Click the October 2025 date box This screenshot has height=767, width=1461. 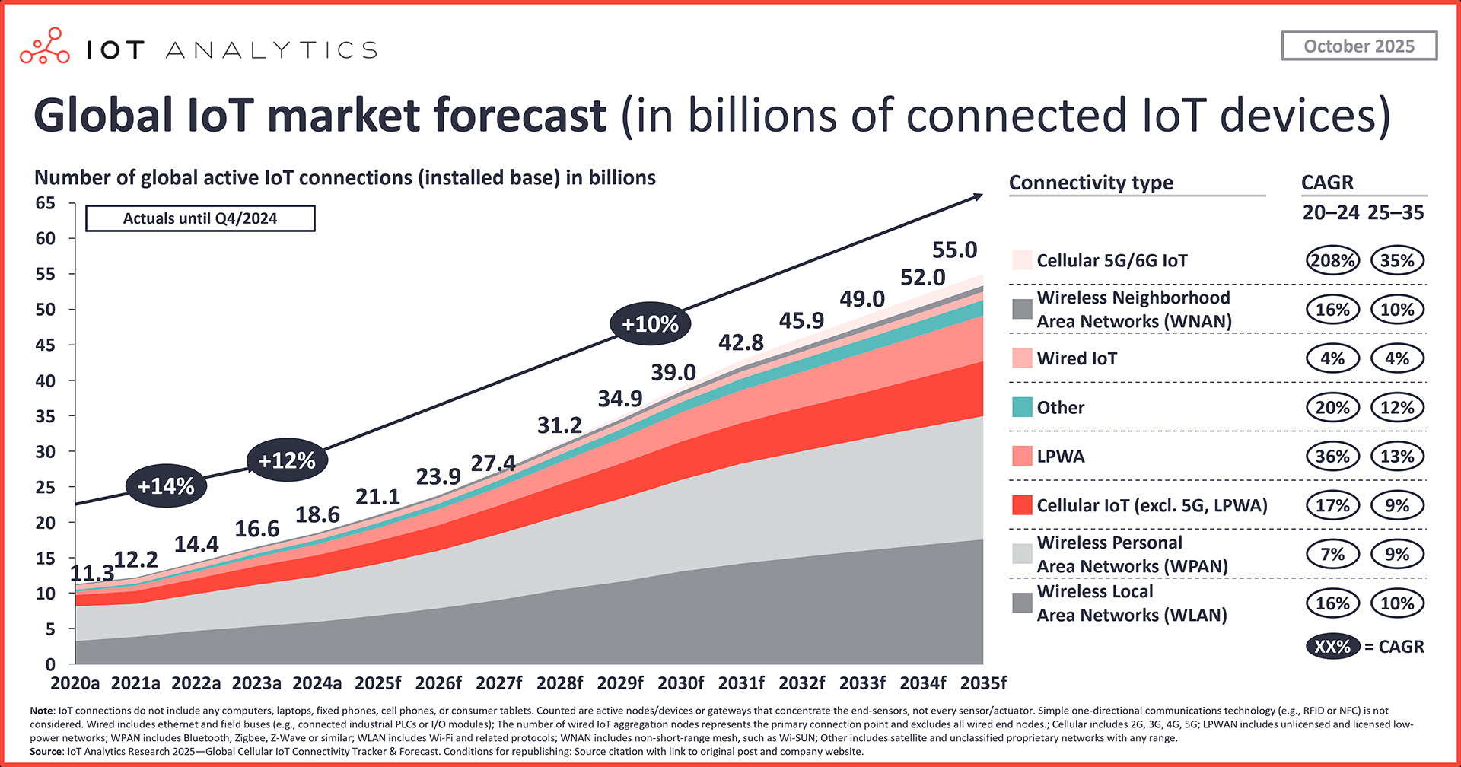pyautogui.click(x=1359, y=46)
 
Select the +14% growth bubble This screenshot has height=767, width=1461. pyautogui.click(x=166, y=485)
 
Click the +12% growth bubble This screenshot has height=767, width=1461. pyautogui.click(x=287, y=460)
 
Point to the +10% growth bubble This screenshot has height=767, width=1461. pyautogui.click(x=650, y=324)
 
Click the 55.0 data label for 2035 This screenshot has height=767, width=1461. pyautogui.click(x=954, y=250)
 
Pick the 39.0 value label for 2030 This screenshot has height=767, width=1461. pyautogui.click(x=673, y=372)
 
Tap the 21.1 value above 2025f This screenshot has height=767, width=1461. pyautogui.click(x=377, y=497)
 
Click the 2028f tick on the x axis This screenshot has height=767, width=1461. pyautogui.click(x=560, y=683)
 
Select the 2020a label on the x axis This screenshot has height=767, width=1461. pyautogui.click(x=75, y=683)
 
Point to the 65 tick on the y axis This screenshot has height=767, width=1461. pyautogui.click(x=46, y=203)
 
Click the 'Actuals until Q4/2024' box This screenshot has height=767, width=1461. pyautogui.click(x=200, y=218)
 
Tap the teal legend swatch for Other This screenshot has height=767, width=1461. pyautogui.click(x=1022, y=407)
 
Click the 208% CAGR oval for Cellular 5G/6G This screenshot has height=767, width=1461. pyautogui.click(x=1332, y=260)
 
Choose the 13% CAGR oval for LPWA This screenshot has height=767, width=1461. pyautogui.click(x=1397, y=457)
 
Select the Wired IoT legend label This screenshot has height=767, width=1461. pyautogui.click(x=1077, y=358)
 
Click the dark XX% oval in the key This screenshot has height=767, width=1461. pyautogui.click(x=1332, y=647)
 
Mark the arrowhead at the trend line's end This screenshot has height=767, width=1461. pyautogui.click(x=979, y=197)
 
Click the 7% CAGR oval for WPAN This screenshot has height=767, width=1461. pyautogui.click(x=1332, y=554)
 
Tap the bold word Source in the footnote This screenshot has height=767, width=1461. pyautogui.click(x=46, y=751)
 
